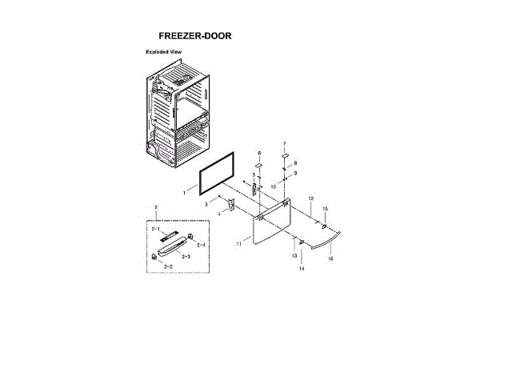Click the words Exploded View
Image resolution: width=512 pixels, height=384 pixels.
[164, 52]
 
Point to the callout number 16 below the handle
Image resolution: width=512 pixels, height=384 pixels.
[330, 259]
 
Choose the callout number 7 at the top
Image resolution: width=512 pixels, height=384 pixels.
[284, 143]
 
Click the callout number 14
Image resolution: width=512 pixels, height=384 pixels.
[302, 270]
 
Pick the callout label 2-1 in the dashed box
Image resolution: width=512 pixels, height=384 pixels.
[156, 229]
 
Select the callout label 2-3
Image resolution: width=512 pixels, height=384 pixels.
[185, 257]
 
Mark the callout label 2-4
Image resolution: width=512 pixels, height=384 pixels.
[201, 245]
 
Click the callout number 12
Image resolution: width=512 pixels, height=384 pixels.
[310, 198]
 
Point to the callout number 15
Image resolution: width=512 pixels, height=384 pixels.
[325, 209]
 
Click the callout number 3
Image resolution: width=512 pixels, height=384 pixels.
[206, 205]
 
